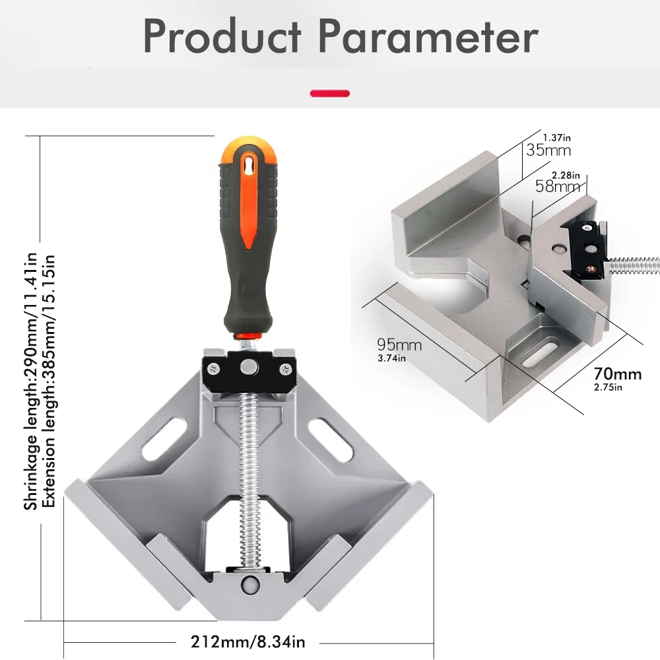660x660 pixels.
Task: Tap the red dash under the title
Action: (329, 93)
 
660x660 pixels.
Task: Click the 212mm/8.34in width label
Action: (248, 641)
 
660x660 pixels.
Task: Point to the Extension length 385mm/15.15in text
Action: (48, 381)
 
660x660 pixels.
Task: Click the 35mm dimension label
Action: (548, 150)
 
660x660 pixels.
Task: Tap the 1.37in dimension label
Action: (556, 137)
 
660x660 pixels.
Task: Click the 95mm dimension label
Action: (399, 345)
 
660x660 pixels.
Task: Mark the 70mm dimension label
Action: (618, 374)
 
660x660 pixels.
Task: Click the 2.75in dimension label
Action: (608, 387)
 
